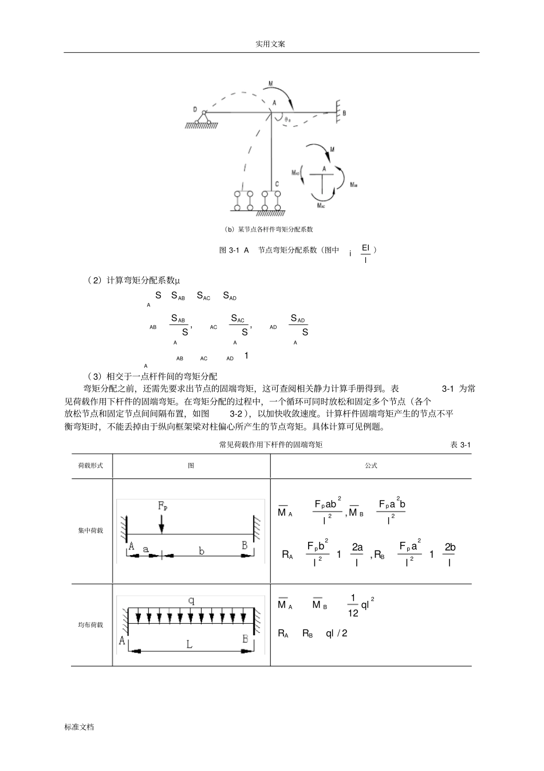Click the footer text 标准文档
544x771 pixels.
click(79, 726)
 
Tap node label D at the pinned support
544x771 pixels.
click(195, 109)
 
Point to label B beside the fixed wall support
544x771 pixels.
click(344, 113)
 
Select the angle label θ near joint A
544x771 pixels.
click(287, 120)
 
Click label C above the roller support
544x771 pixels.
click(277, 184)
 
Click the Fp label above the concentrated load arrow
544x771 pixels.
click(163, 506)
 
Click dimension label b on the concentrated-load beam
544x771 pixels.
click(202, 551)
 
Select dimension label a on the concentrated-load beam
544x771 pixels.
click(145, 549)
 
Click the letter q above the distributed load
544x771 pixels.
click(191, 600)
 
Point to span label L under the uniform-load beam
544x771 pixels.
click(190, 644)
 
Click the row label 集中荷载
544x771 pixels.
click(90, 530)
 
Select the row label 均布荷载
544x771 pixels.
click(90, 624)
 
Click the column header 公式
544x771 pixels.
click(371, 466)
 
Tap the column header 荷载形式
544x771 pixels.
click(90, 466)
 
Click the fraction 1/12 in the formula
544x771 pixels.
click(353, 605)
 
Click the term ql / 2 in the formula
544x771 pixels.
click(337, 633)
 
